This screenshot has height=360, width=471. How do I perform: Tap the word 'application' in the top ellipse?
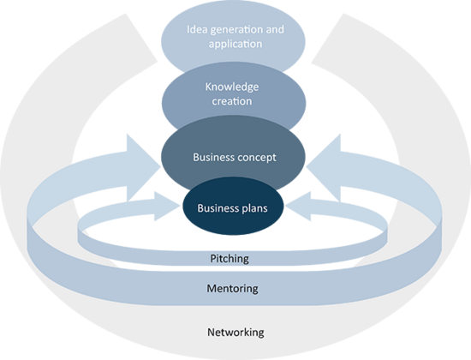click(x=235, y=45)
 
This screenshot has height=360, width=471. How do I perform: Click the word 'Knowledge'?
click(x=232, y=87)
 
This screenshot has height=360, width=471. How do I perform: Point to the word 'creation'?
click(x=232, y=101)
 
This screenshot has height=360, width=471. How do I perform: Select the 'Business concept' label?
click(x=235, y=158)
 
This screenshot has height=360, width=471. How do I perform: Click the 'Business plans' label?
click(x=232, y=208)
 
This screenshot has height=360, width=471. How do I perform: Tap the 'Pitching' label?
click(x=230, y=259)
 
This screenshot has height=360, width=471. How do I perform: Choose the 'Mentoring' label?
click(x=232, y=288)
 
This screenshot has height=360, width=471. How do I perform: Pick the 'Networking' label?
click(x=235, y=333)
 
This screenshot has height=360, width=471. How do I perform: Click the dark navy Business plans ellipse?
click(x=233, y=206)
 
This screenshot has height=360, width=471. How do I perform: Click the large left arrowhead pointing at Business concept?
click(x=143, y=167)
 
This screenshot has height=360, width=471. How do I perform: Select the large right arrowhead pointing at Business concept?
click(x=325, y=167)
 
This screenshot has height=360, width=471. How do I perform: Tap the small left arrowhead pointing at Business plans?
click(x=166, y=207)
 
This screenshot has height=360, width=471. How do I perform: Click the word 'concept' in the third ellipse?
click(x=257, y=158)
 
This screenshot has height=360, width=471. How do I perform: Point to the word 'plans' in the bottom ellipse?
click(x=254, y=209)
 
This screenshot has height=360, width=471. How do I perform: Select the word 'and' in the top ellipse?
click(x=277, y=29)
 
